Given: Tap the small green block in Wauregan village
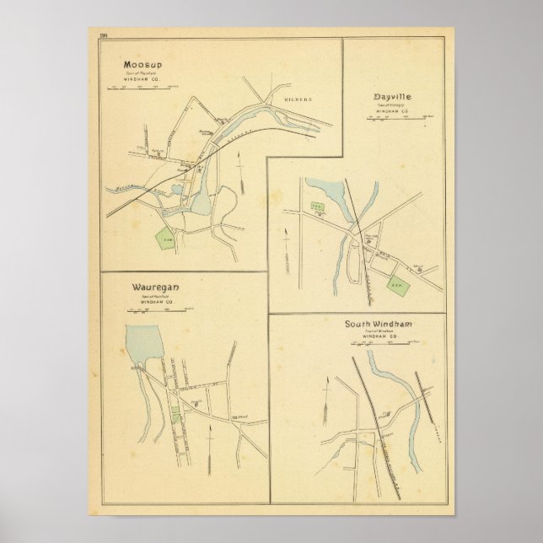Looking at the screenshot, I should tap(175, 415).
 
